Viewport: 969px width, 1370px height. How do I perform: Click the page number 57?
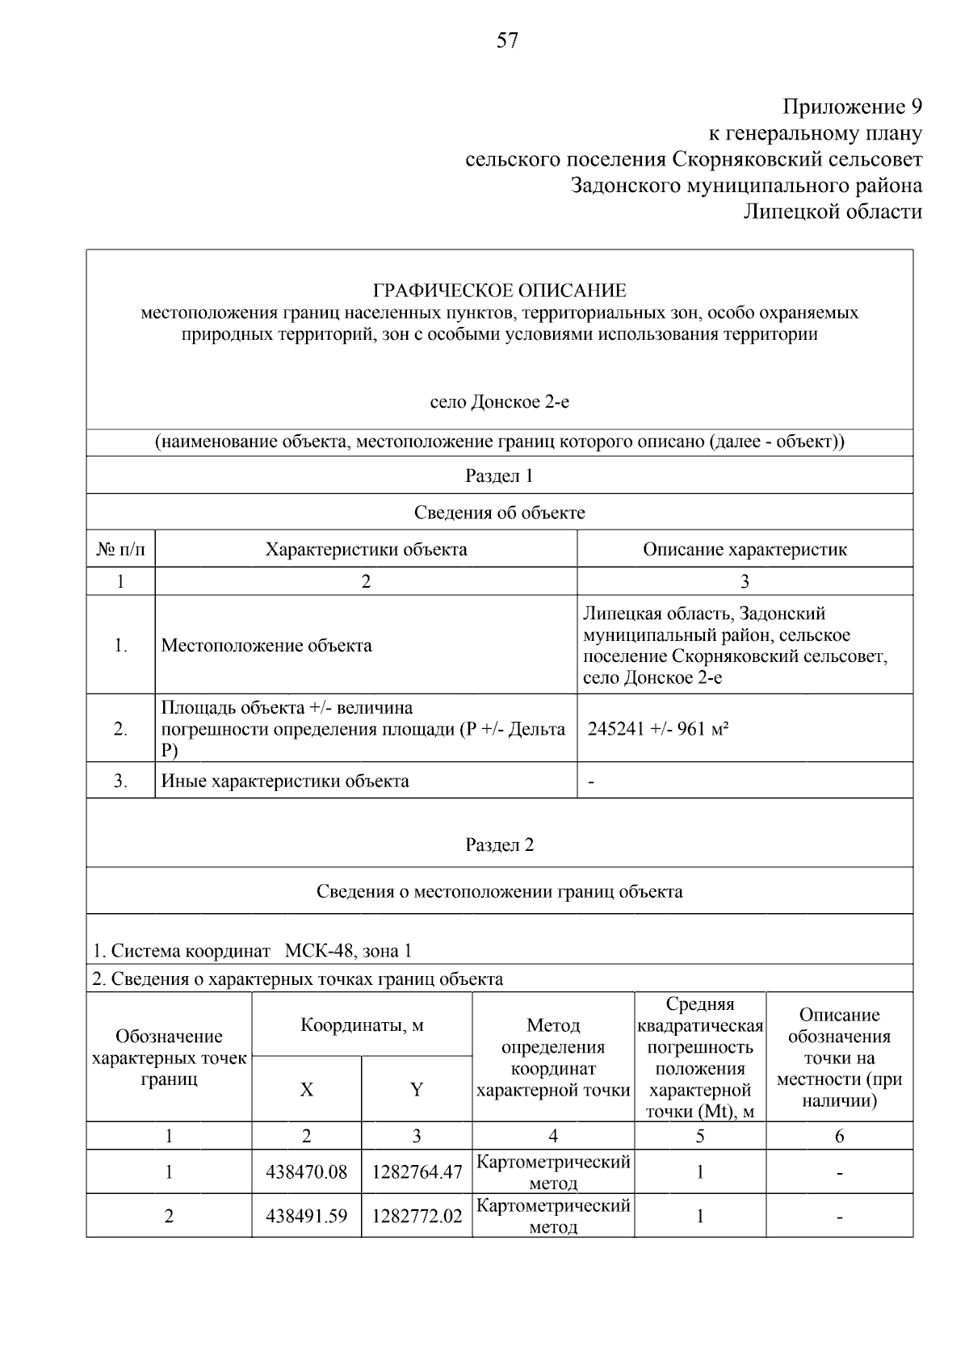tap(507, 41)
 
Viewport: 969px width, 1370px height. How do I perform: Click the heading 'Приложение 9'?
tap(852, 107)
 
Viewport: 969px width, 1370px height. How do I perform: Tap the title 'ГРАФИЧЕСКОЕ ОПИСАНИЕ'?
tap(499, 291)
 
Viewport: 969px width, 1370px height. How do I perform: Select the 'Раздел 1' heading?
tap(499, 476)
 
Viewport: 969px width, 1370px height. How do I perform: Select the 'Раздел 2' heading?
tap(499, 845)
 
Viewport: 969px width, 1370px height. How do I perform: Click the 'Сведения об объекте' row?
tap(499, 513)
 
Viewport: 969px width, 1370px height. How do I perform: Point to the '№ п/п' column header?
tap(121, 550)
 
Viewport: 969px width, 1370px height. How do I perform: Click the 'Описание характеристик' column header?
tap(745, 550)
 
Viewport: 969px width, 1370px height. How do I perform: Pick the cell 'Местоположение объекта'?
tap(266, 645)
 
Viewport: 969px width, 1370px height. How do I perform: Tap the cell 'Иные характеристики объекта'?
tap(285, 781)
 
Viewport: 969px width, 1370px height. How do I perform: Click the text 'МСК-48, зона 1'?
tap(348, 951)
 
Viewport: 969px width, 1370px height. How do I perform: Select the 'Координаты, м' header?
tap(362, 1025)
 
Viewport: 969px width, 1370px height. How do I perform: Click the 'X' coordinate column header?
tap(307, 1090)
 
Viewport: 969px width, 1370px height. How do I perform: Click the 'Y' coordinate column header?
tap(417, 1090)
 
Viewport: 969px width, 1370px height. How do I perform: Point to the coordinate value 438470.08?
tap(306, 1172)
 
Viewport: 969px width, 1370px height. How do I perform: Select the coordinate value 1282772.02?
tap(417, 1216)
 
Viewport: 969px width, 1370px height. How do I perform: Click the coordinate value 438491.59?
tap(306, 1216)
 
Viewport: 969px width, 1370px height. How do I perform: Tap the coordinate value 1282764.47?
tap(417, 1172)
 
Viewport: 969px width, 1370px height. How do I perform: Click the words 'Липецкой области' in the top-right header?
tap(832, 212)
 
